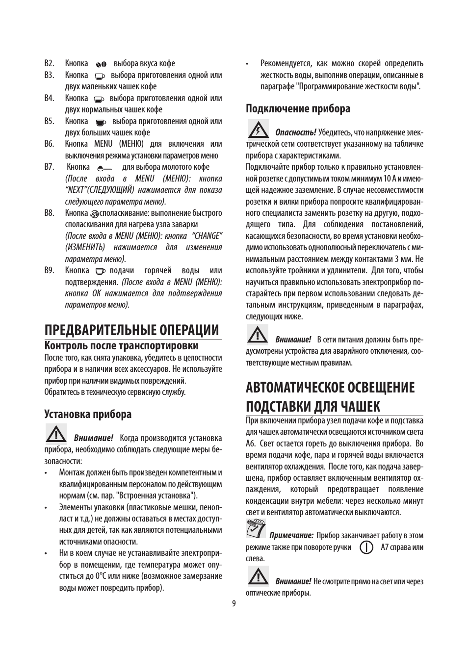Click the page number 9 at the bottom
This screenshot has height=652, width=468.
pos(234,603)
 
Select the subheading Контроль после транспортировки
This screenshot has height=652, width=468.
pos(121,346)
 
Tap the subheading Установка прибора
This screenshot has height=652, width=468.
pos(88,414)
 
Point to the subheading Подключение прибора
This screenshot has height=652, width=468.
pos(298,108)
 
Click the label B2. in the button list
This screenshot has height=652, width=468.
pos(49,64)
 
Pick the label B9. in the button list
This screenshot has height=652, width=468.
pos(49,270)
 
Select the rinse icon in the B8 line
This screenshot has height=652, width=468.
pos(95,213)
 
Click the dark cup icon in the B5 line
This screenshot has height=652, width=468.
pos(101,122)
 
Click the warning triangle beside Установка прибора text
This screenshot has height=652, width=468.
pos(56,434)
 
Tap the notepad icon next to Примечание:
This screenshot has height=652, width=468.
pos(255,529)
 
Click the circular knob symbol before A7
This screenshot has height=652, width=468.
pos(366,547)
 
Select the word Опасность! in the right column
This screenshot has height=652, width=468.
pos(295,132)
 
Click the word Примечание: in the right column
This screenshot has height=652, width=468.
pos(291,536)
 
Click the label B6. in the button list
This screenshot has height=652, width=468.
pos(49,144)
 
